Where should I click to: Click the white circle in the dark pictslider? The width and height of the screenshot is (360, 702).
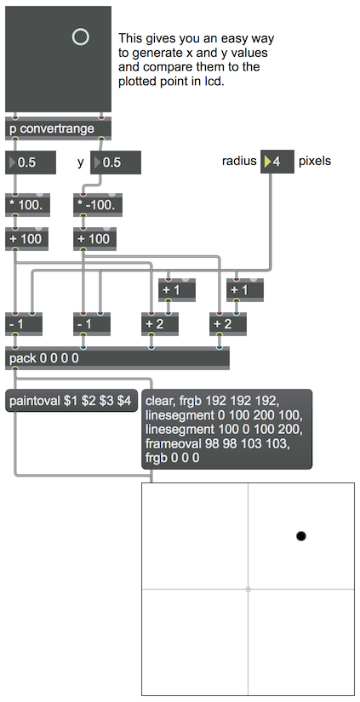81,37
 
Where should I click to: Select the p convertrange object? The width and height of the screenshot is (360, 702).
58,129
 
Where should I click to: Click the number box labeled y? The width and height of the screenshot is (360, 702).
116,162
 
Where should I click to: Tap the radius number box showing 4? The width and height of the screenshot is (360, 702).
277,162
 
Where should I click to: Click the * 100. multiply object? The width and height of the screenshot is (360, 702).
27,206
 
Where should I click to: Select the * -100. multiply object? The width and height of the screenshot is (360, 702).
98,206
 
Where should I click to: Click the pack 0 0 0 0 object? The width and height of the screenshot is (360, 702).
117,358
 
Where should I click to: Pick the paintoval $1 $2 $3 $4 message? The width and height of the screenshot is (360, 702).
71,401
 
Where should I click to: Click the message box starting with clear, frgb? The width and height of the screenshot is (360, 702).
227,430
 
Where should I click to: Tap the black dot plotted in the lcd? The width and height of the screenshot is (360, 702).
301,536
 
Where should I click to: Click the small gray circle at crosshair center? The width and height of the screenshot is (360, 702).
248,589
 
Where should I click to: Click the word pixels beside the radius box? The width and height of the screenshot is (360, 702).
315,161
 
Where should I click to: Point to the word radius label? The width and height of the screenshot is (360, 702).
239,161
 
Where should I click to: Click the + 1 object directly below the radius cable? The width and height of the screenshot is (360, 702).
245,289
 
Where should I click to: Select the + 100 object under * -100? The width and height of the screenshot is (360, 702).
95,238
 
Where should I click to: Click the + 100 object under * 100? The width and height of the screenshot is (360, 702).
27,238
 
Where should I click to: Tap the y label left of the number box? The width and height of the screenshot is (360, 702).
81,163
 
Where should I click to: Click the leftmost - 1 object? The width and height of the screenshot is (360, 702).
24,323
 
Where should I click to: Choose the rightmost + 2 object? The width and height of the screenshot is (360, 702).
228,323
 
